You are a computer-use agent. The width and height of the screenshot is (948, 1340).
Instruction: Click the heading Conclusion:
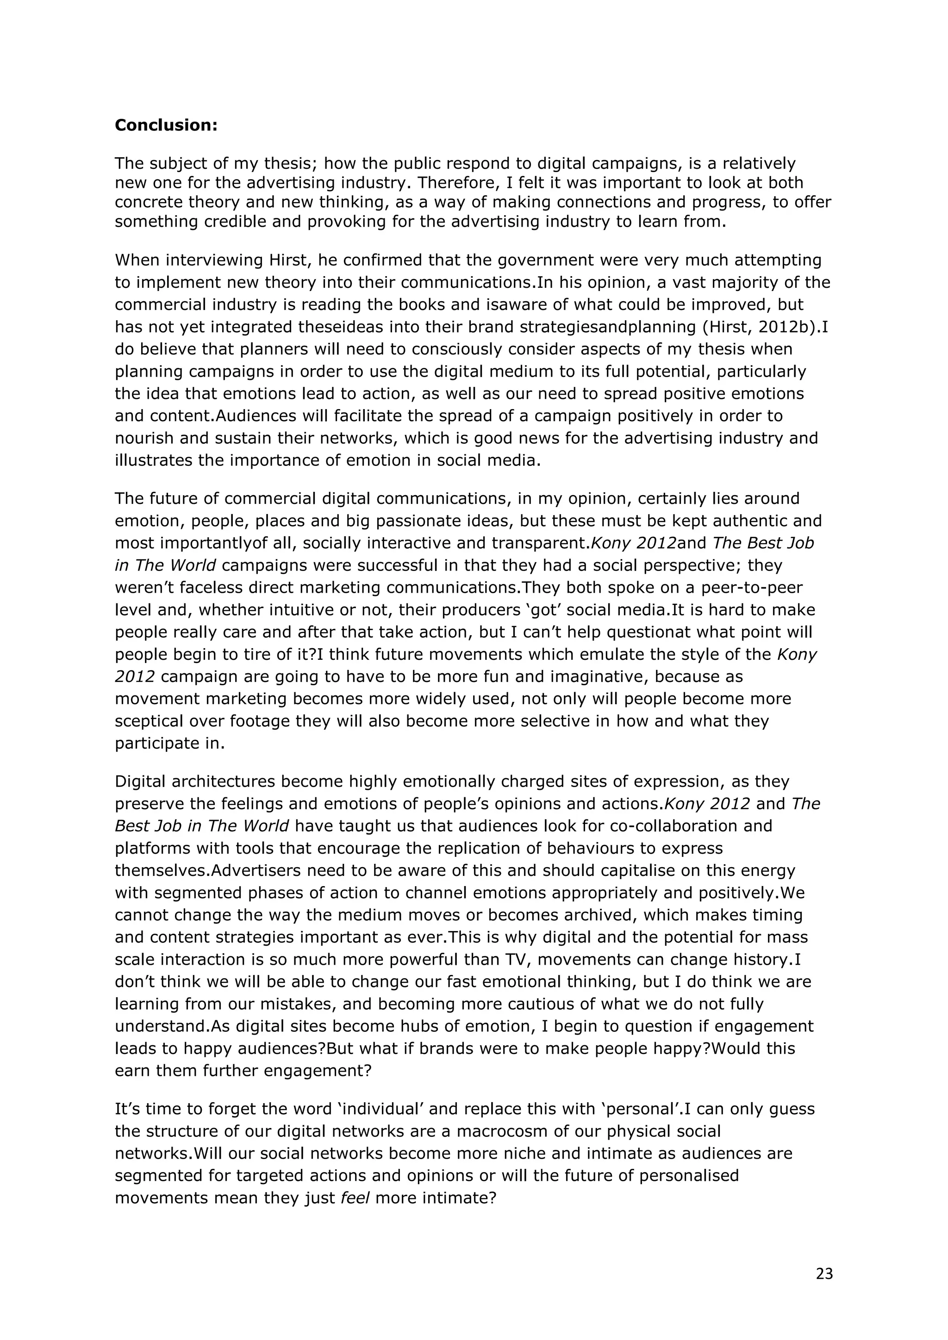click(166, 125)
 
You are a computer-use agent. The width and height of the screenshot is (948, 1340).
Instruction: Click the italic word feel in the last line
click(355, 1198)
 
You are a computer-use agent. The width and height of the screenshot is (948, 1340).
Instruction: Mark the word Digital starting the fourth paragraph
click(140, 782)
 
